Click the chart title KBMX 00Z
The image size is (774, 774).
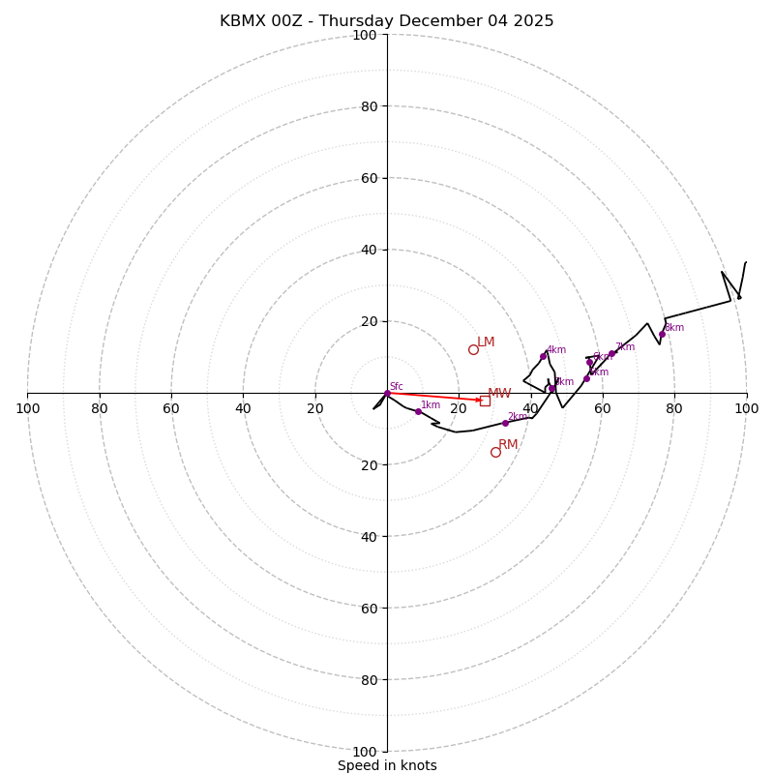[387, 21]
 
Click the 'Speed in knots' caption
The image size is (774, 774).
[387, 765]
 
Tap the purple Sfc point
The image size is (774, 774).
[387, 393]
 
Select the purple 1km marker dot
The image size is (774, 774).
[418, 411]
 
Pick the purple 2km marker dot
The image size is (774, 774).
[505, 423]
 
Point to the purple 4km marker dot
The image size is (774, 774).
[543, 356]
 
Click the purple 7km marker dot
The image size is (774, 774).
[611, 353]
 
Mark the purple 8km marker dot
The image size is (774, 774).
[663, 335]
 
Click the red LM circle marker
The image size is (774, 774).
[473, 349]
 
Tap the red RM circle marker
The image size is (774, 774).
[495, 452]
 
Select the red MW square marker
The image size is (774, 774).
[485, 401]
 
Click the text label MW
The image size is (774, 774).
[499, 394]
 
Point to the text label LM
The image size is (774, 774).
[486, 342]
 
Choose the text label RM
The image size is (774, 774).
[508, 445]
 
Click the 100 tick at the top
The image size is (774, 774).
[365, 35]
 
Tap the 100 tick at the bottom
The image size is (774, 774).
[365, 751]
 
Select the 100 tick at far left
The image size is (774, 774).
[27, 408]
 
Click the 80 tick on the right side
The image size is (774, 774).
[674, 408]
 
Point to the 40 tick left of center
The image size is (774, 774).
[243, 408]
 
